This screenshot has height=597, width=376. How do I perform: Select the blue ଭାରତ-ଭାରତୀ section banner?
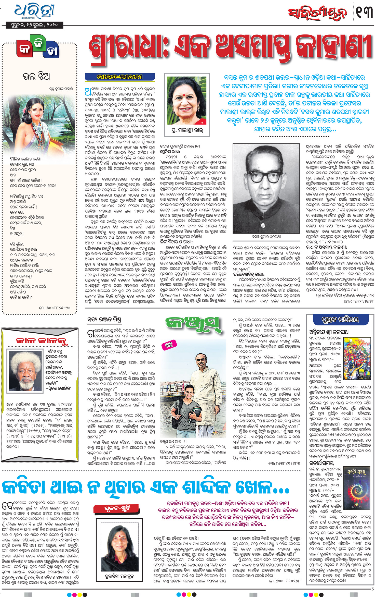(119, 77)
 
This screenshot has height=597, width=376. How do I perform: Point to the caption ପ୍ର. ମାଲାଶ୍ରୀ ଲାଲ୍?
(187, 130)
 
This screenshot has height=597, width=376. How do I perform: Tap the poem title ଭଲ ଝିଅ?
(36, 76)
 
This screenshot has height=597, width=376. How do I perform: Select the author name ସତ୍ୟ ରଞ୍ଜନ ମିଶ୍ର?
(104, 320)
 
